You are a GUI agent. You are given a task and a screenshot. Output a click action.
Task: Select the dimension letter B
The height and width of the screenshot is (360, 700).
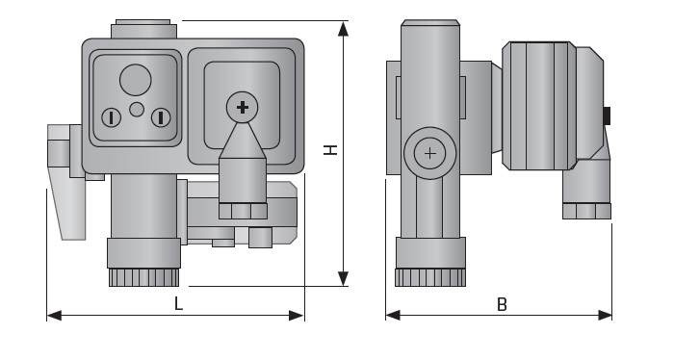pos(502,304)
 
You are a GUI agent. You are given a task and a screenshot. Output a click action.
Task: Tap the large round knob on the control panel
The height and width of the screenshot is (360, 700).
pos(136,79)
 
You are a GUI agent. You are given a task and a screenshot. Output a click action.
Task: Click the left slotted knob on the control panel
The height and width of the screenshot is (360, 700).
pos(112,117)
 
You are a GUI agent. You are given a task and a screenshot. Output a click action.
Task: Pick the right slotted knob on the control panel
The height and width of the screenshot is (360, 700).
pos(160,117)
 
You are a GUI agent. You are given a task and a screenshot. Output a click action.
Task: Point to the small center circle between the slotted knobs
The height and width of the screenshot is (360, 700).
pos(137,110)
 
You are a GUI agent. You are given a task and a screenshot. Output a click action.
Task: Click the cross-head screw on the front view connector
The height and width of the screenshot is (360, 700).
pos(243,106)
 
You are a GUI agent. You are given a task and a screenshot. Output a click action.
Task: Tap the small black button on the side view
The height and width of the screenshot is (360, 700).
pos(608,116)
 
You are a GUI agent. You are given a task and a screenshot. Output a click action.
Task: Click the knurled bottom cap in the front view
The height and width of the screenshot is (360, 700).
pos(143,277)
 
